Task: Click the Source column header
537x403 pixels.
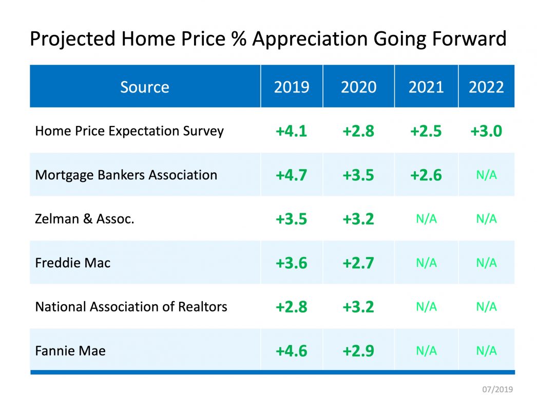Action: coord(145,87)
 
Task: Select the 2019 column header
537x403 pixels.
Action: coord(292,87)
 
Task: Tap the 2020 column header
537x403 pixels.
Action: coord(358,87)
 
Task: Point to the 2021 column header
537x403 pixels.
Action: coord(426,87)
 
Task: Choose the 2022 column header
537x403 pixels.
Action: coord(486,87)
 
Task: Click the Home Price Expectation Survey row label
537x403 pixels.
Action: coord(129,131)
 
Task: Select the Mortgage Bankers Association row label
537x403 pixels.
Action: coord(126,175)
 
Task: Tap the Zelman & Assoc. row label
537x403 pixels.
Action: coord(85,219)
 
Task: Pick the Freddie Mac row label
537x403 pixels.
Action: coord(73,263)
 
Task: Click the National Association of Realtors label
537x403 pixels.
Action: coord(131,307)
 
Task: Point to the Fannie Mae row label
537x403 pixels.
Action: coord(70,351)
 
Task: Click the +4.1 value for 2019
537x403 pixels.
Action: coord(291,132)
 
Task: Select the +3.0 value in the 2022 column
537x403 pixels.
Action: coord(486,132)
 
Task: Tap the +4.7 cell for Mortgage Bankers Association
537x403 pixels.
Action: coord(291,175)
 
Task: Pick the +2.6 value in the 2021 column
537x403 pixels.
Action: coord(426,175)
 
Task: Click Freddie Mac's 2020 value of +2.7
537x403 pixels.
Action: coord(358,263)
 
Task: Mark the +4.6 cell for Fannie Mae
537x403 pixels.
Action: coord(291,351)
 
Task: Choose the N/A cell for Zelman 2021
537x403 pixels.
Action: coord(426,219)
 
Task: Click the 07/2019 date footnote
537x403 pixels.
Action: coord(497,389)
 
